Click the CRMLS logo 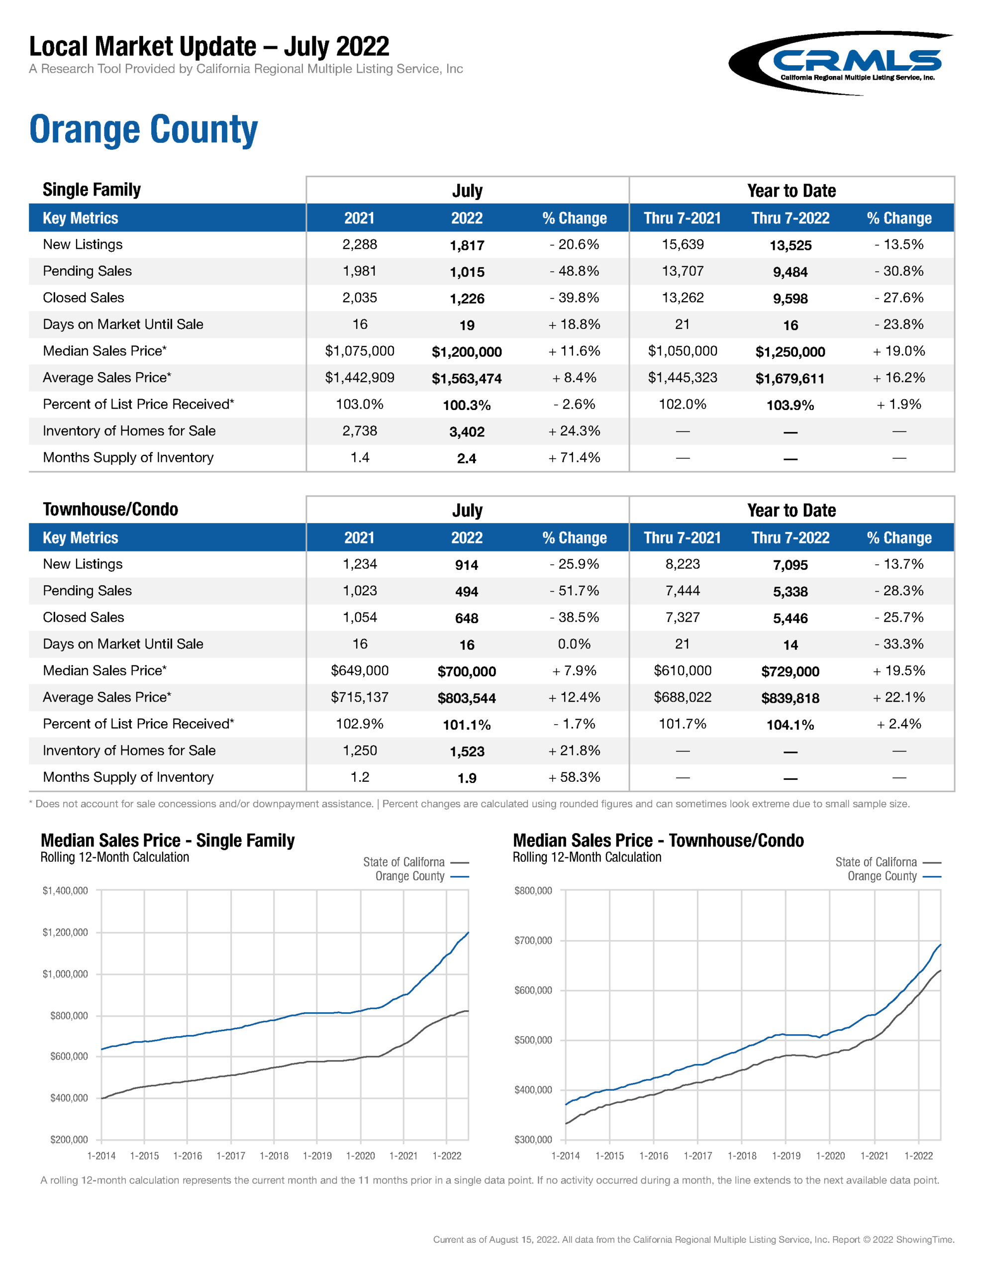840,63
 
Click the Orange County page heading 143,129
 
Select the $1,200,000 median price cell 467,352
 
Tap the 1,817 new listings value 467,245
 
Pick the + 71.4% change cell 574,458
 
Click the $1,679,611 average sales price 790,379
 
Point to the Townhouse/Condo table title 110,509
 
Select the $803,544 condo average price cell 467,698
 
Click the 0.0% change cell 574,644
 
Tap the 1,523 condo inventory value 467,751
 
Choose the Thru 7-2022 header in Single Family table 790,218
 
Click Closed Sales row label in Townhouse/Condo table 84,617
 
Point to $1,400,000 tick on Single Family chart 65,891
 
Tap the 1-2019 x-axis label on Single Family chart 317,1156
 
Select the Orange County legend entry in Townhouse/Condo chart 882,876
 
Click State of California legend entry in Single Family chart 403,862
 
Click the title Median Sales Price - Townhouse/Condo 658,841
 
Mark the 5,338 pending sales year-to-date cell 790,592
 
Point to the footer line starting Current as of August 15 693,1240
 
